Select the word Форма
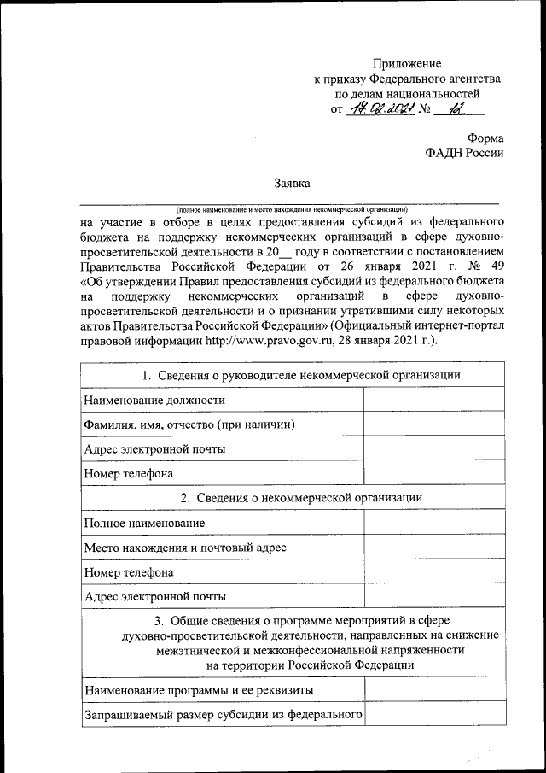point(485,138)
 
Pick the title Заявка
point(290,183)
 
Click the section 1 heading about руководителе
point(290,375)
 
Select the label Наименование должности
point(154,400)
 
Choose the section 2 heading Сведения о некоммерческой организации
point(290,497)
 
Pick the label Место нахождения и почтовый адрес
point(184,547)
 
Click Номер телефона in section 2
point(129,571)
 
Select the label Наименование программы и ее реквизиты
point(198,688)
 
